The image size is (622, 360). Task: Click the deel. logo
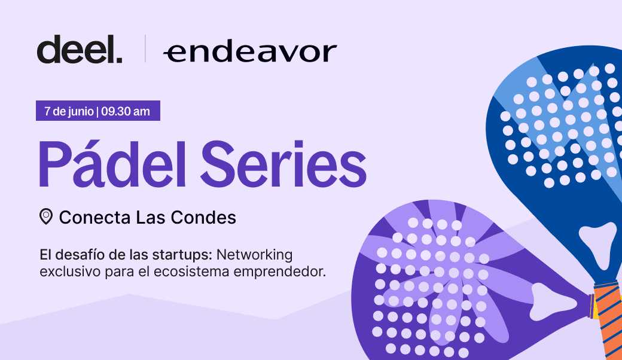click(80, 49)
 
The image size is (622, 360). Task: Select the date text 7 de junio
click(69, 111)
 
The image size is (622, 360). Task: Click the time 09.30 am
click(126, 111)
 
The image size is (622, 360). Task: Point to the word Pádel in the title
click(112, 163)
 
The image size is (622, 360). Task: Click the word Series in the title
click(283, 164)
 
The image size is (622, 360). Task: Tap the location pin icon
click(46, 217)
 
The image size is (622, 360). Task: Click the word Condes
click(203, 217)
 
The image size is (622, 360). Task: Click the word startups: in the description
click(182, 255)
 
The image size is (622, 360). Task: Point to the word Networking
click(254, 255)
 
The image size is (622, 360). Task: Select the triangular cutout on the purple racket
click(551, 302)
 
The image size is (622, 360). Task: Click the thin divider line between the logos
click(145, 48)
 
